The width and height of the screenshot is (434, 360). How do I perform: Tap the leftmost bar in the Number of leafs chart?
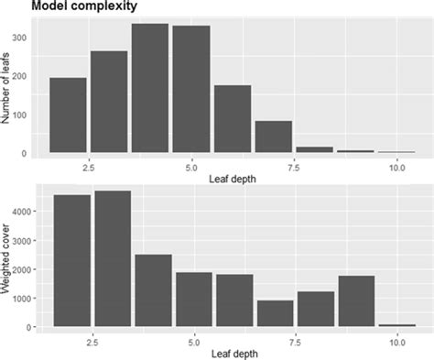(x=68, y=115)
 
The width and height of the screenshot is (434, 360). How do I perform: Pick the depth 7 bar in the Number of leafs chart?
(x=273, y=136)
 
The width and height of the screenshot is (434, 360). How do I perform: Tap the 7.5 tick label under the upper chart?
(x=293, y=168)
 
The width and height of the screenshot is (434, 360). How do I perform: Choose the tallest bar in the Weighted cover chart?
(x=113, y=258)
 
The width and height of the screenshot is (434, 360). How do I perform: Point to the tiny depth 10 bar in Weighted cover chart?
(x=396, y=324)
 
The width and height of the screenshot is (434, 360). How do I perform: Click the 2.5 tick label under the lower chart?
(x=90, y=341)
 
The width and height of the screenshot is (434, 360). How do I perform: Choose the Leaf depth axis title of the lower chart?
(x=232, y=354)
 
